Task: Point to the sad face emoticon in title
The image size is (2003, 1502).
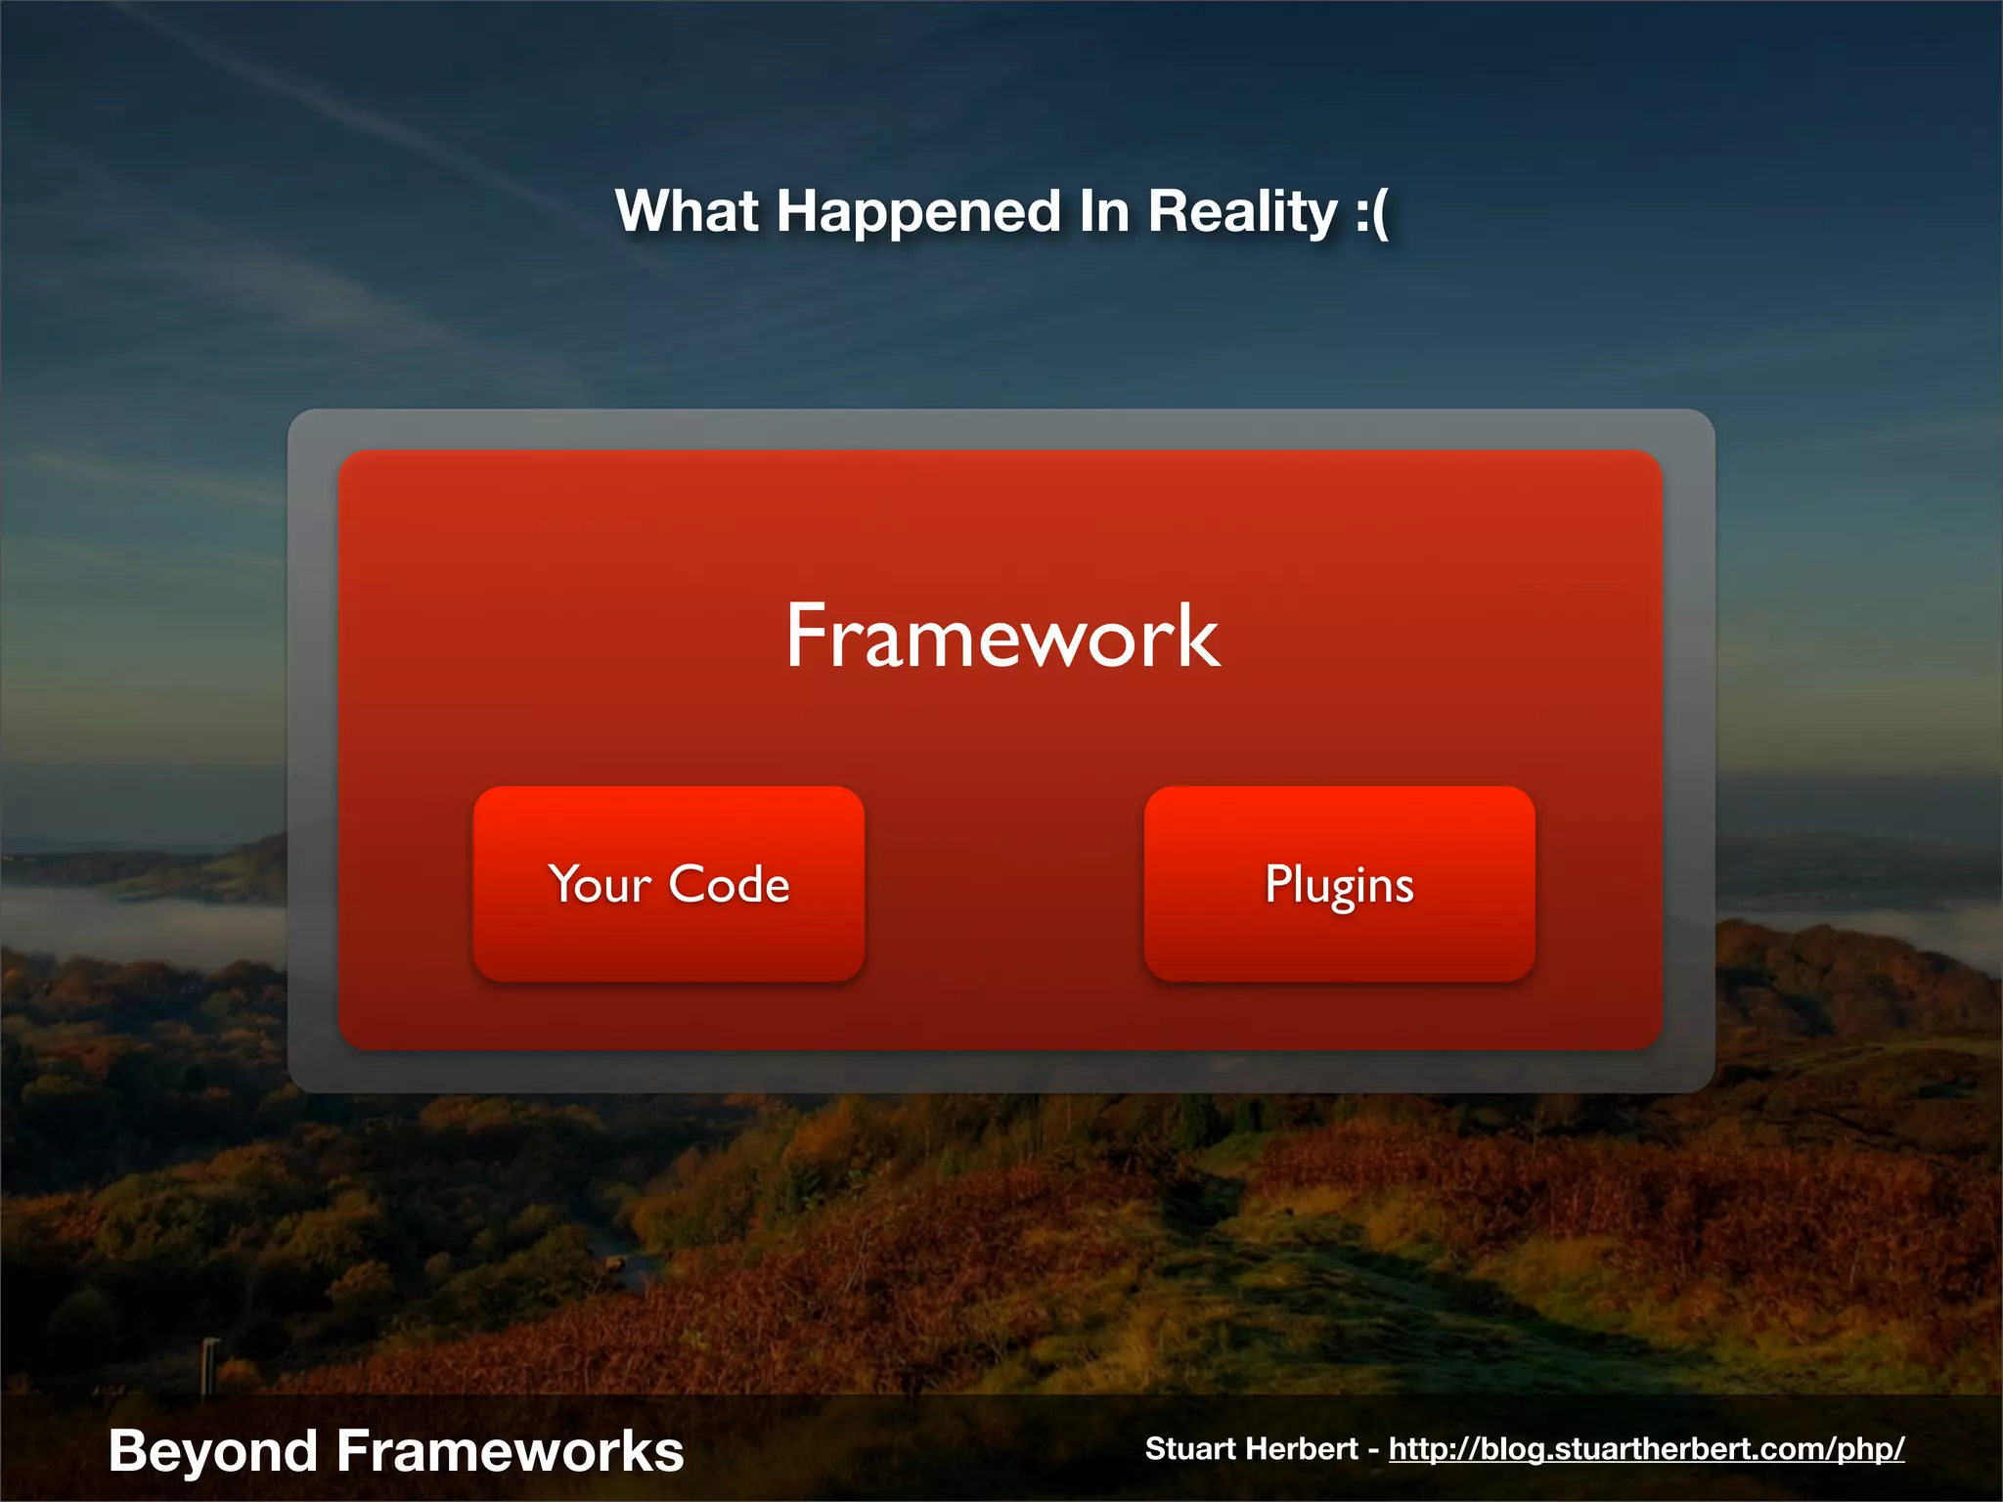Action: pyautogui.click(x=1371, y=213)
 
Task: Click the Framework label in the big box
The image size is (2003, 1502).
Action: pyautogui.click(x=1002, y=637)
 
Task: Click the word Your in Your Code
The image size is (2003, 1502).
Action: pyautogui.click(x=599, y=885)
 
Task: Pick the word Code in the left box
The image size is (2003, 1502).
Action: pyautogui.click(x=729, y=885)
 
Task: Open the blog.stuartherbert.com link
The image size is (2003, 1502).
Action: pyautogui.click(x=1646, y=1449)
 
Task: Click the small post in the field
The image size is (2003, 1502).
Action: pyautogui.click(x=208, y=1365)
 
